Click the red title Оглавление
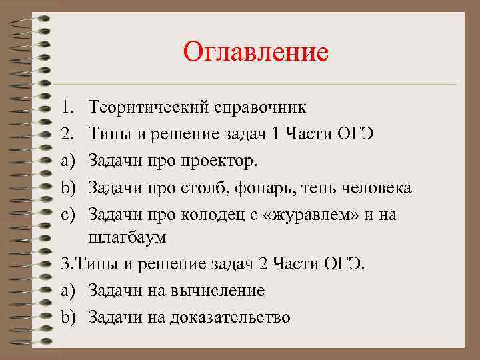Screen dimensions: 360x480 (256, 51)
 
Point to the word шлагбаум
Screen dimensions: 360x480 (127, 237)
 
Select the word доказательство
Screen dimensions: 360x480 (231, 317)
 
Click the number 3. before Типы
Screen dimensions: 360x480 (65, 264)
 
